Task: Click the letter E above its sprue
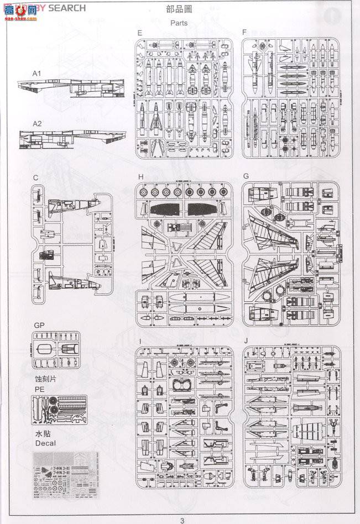[140, 33]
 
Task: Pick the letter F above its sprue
[244, 33]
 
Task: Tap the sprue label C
[35, 178]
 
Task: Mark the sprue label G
[246, 177]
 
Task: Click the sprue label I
[140, 340]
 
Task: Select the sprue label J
[244, 340]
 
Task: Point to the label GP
[39, 326]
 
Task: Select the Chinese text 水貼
[42, 433]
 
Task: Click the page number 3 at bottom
[181, 519]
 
